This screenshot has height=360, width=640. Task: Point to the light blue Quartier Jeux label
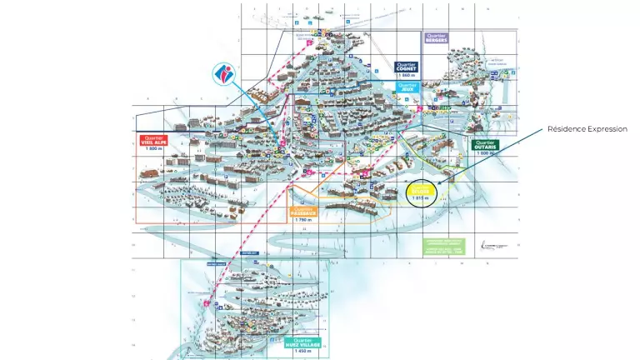point(407,86)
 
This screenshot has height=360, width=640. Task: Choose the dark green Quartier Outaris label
point(483,144)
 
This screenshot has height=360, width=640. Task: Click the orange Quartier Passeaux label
point(303,211)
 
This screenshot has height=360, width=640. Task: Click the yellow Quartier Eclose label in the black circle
point(421,188)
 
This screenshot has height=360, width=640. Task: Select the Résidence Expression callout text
point(587,129)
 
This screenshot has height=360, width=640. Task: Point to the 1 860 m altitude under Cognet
point(406,75)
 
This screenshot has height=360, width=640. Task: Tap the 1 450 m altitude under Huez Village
point(303,351)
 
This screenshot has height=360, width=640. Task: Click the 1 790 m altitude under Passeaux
point(303,220)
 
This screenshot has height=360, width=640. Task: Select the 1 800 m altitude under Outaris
point(483,152)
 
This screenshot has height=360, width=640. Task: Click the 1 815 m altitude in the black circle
point(421,197)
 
